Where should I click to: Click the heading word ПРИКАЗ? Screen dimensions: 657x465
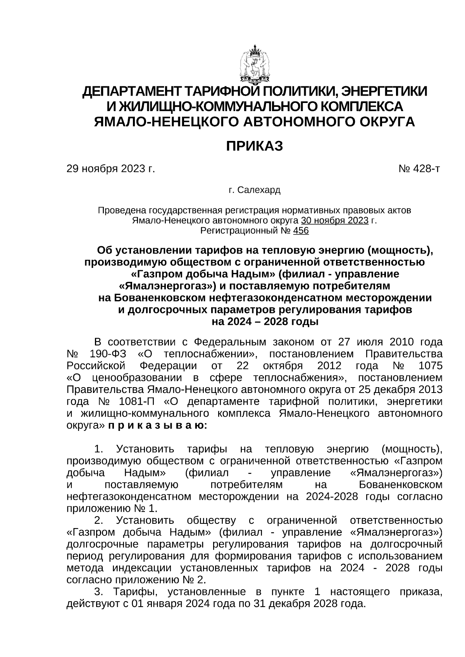click(x=255, y=146)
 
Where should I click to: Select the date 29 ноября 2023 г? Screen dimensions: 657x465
click(x=111, y=169)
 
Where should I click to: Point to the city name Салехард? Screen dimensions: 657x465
click(x=259, y=190)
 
